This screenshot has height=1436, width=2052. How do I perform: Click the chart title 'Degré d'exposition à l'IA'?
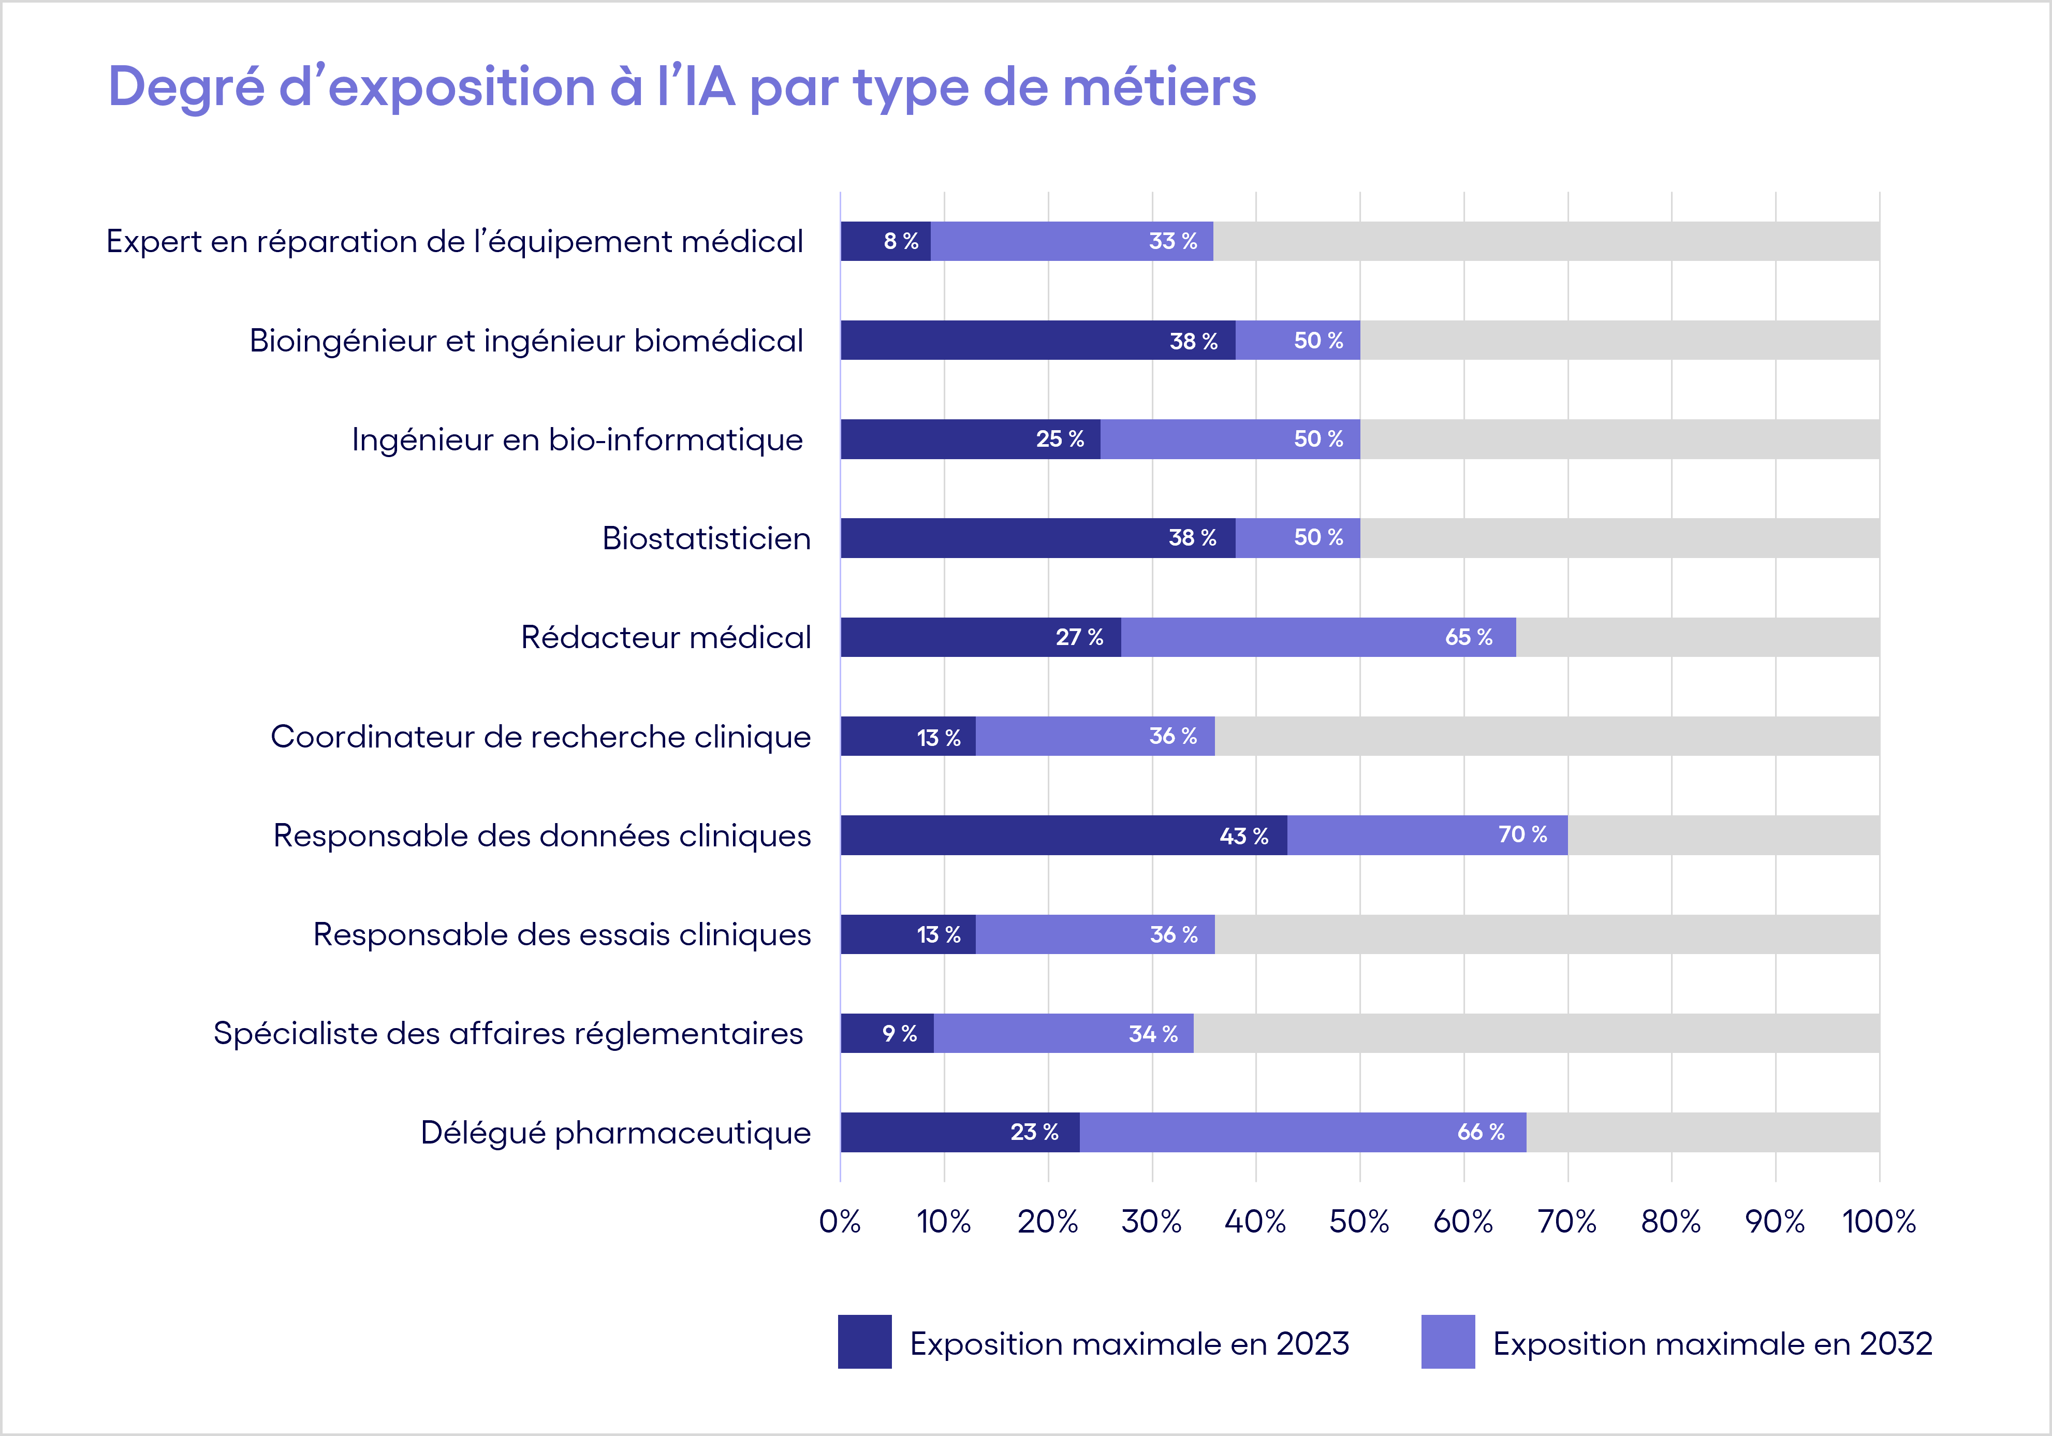(x=681, y=87)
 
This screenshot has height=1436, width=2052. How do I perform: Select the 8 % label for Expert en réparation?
(x=901, y=241)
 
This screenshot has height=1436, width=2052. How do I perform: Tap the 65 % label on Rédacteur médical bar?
(x=1469, y=637)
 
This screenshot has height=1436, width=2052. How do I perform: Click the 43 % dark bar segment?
(x=1064, y=836)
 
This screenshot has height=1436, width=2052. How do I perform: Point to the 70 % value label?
(x=1522, y=834)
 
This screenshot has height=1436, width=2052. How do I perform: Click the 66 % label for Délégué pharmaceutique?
(x=1481, y=1132)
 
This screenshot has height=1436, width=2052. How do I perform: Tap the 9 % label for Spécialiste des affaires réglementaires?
(x=899, y=1034)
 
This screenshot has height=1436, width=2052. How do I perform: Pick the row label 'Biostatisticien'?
(x=706, y=539)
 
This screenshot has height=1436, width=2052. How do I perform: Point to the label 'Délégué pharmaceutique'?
(x=616, y=1133)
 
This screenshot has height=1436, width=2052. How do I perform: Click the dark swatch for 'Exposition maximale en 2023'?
(x=864, y=1341)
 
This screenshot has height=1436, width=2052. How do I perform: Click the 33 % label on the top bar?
(x=1172, y=241)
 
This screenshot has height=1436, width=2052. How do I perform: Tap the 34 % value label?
(x=1153, y=1034)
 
